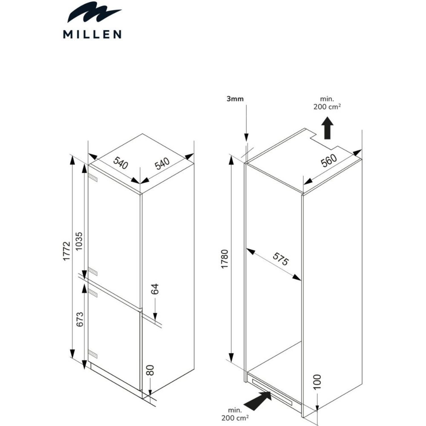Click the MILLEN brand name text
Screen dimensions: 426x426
pos(92,34)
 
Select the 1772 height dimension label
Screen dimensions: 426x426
pos(66,251)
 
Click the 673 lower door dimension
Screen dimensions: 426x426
pos(80,319)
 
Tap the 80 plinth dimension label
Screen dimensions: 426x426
pos(151,370)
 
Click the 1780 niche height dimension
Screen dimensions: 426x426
pos(224,259)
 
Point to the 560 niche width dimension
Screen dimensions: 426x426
pos(329,161)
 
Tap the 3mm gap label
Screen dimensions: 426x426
pos(235,99)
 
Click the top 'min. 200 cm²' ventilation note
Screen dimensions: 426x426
pos(327,103)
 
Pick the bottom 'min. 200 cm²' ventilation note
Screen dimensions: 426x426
pos(235,414)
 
